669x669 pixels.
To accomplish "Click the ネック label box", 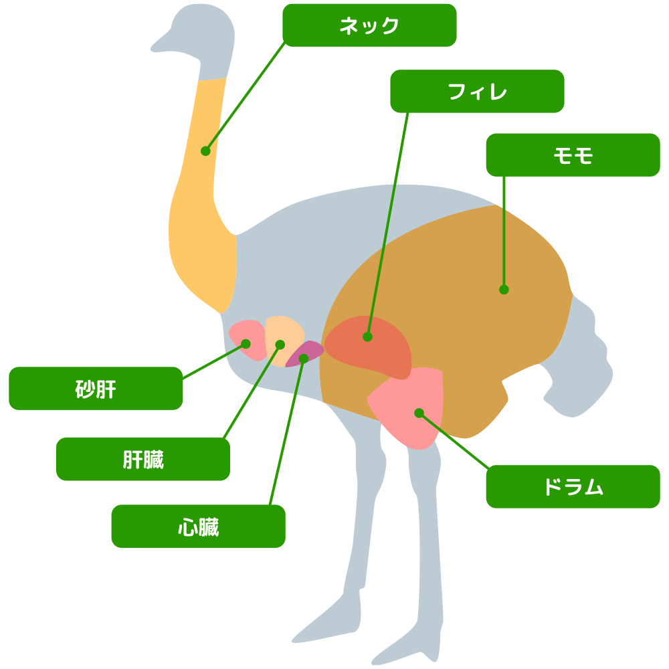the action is coord(369,25).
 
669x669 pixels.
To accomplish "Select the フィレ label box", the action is coord(477,91).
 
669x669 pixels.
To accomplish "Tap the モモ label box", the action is coord(573,155).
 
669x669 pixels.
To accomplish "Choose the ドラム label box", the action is coord(573,486).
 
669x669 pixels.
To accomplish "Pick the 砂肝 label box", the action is coord(96,388).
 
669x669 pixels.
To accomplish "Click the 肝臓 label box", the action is coord(143,459).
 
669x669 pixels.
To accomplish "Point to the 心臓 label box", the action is coord(198,526).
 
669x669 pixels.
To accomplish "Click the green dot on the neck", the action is coord(205,151).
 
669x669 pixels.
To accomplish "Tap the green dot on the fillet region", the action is coord(367,337).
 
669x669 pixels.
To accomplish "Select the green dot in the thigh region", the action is coord(504,290).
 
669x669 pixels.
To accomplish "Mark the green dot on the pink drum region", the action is coord(419,413).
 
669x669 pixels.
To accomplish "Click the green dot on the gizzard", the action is coord(246,344).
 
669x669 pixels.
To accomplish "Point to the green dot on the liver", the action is coord(280,345).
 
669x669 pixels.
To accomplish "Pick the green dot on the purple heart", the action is coord(303,359).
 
